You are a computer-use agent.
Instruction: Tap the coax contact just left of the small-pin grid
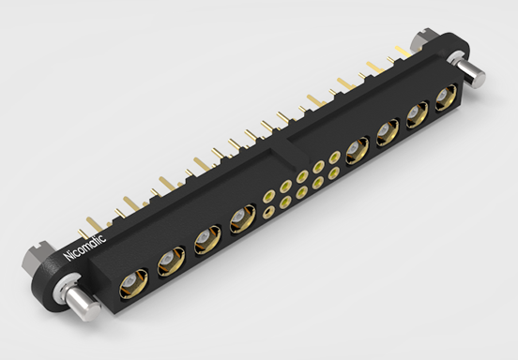tap(238, 222)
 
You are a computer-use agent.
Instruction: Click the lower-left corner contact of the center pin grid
tap(269, 212)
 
